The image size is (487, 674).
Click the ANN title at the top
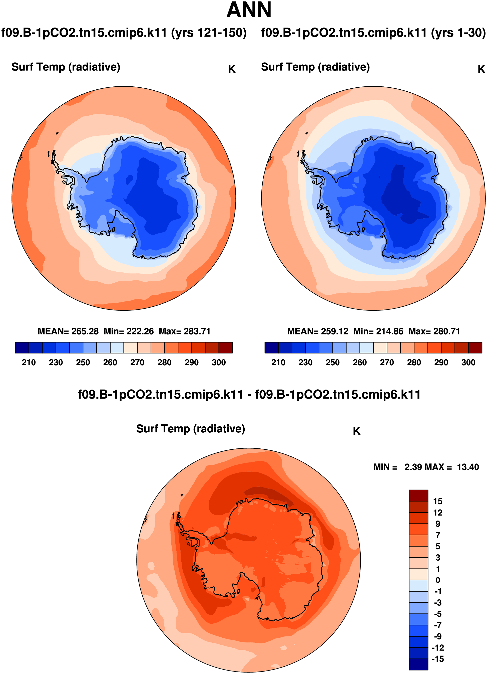tap(249, 10)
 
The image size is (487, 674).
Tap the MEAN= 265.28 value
tap(68, 331)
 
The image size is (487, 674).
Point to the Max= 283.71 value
tap(184, 331)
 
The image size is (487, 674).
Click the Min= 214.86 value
tap(378, 331)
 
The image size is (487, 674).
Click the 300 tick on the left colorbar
tap(219, 363)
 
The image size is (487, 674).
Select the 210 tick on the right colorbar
tap(278, 363)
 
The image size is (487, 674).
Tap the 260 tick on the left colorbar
tap(110, 363)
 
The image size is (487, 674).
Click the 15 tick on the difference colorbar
tap(437, 501)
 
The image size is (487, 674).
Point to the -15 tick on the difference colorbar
tap(437, 659)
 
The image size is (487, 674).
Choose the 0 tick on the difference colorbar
tap(437, 580)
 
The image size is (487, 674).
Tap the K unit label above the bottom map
tap(357, 431)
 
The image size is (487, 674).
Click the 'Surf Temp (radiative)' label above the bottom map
tap(190, 429)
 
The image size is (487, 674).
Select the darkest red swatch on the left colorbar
tap(225, 348)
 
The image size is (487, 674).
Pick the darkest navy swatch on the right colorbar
tap(271, 348)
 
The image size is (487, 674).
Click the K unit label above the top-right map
tap(481, 69)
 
